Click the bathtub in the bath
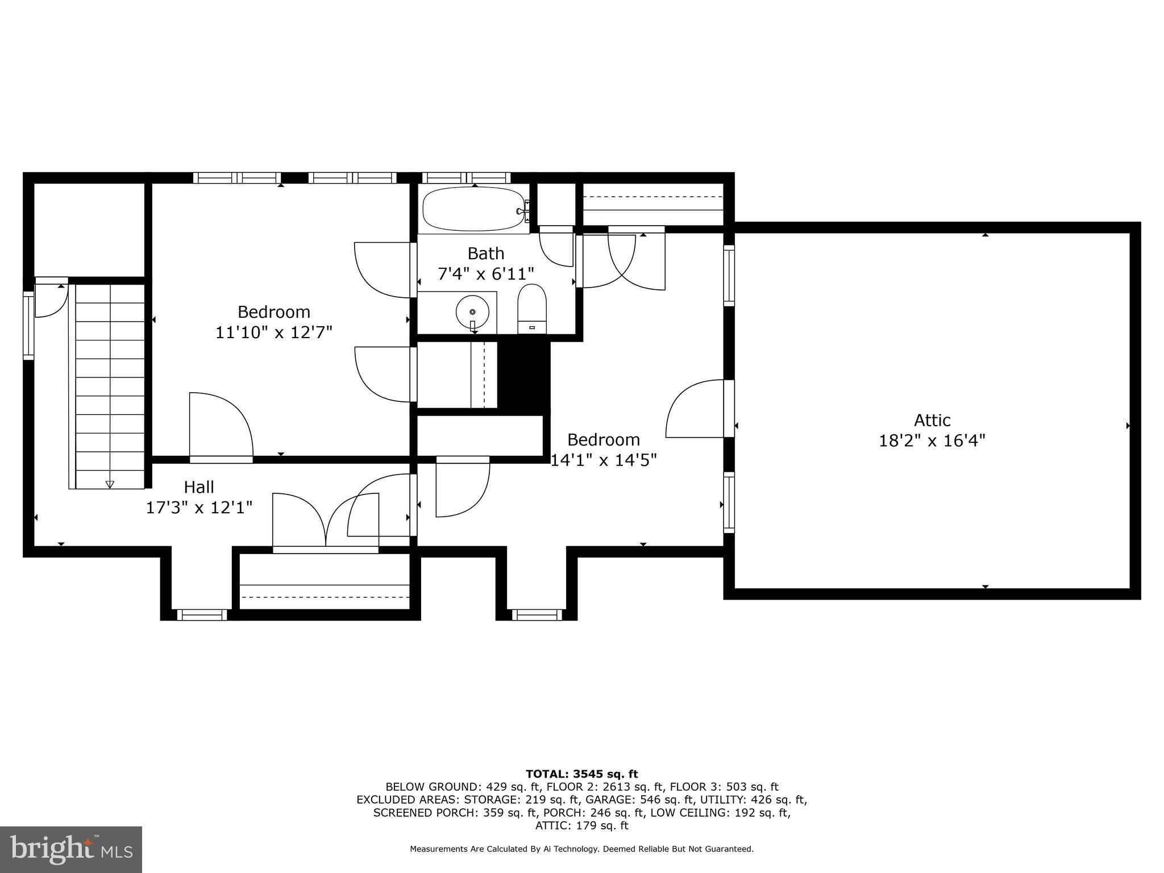473,209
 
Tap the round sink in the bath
472,312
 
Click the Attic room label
932,421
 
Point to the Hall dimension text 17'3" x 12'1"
199,508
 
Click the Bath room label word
485,253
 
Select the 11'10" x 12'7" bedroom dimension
273,332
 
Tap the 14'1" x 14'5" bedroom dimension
604,460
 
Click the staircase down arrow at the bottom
110,484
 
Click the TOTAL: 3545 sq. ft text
581,774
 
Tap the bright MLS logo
71,850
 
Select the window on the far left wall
28,325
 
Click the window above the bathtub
465,177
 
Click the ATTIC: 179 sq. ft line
581,826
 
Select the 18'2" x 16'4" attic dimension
932,441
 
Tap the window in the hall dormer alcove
202,614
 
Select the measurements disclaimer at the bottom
581,849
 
